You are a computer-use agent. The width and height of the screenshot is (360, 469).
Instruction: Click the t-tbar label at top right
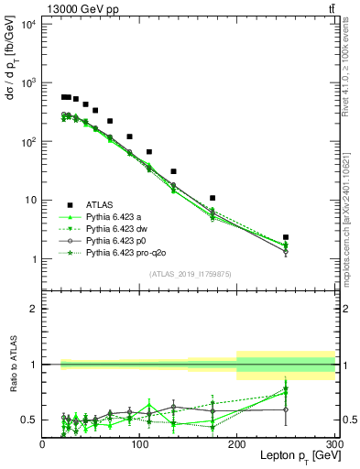(331, 8)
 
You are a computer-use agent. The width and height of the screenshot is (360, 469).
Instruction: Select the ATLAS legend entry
(102, 205)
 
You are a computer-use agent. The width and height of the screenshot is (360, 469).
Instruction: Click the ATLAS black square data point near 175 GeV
(213, 198)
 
